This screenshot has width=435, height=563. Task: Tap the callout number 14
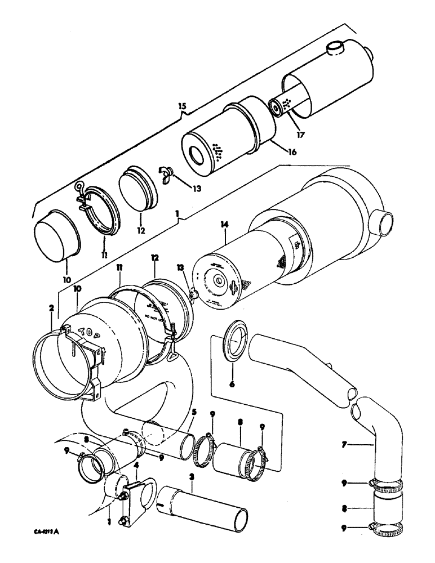click(225, 225)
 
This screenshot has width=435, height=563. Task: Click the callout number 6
click(232, 385)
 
